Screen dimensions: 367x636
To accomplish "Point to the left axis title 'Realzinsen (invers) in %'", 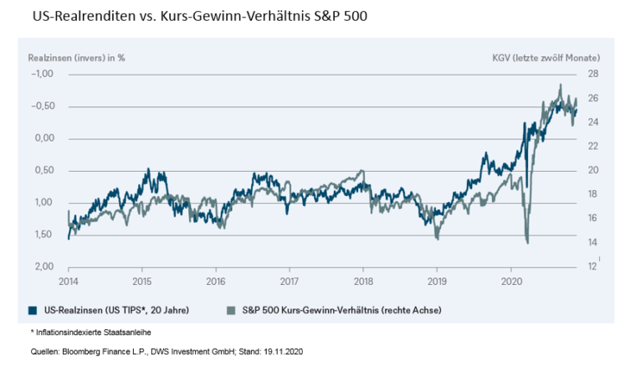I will [76, 58].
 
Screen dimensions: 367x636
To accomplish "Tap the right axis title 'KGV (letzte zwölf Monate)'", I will [546, 58].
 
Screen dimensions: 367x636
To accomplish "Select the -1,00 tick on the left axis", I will [42, 74].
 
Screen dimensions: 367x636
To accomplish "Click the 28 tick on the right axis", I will [592, 74].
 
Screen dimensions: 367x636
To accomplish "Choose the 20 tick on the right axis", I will [592, 170].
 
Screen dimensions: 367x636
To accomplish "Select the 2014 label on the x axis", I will [69, 282].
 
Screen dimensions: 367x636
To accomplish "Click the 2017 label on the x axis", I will [290, 282].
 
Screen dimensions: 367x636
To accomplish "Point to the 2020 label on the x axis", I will [510, 282].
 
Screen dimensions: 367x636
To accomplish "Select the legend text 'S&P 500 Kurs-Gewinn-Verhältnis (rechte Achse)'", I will [336, 309].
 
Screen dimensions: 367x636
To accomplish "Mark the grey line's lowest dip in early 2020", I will [527, 242].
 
